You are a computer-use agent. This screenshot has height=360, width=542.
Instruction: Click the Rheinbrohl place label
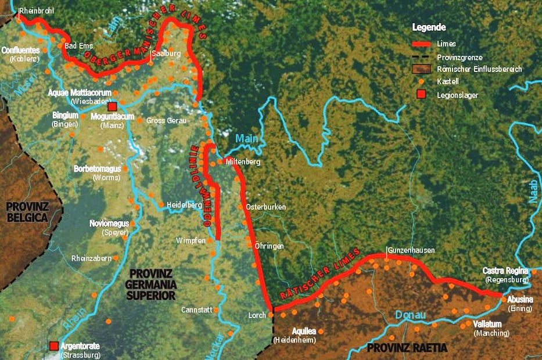(36, 10)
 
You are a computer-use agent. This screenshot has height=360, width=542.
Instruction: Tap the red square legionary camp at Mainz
(113, 106)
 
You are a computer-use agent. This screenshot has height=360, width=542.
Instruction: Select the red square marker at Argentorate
(54, 345)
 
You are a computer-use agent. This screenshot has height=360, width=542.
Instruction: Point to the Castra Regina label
(505, 271)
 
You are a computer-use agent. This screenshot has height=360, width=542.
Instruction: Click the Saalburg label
(166, 53)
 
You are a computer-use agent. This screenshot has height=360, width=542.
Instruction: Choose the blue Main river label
(246, 139)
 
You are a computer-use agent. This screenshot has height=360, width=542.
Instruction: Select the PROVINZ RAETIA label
(407, 348)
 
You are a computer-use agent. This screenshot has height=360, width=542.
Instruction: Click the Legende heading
(429, 27)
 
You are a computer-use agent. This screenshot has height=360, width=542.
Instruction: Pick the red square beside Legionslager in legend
(421, 95)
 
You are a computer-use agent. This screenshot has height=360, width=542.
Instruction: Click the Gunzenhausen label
(411, 250)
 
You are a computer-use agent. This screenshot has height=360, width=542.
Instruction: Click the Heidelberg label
(184, 205)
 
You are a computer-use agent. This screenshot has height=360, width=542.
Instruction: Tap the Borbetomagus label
(96, 169)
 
